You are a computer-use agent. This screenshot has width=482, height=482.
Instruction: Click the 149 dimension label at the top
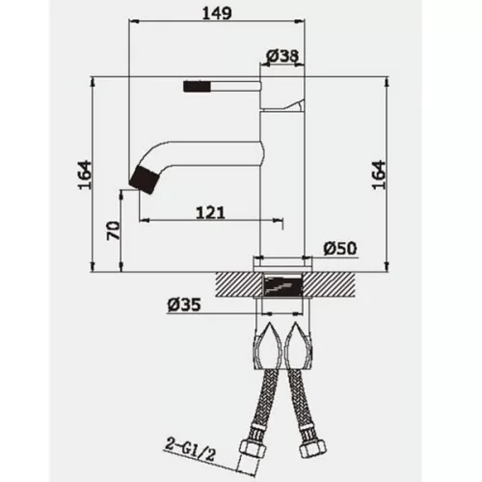coord(217,13)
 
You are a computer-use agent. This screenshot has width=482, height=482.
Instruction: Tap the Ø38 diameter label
coord(282,56)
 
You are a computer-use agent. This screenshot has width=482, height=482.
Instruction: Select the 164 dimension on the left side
coord(85,175)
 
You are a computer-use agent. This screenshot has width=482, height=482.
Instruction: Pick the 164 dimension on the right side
coord(379,175)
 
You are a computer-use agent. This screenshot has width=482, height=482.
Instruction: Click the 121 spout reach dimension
coord(210,213)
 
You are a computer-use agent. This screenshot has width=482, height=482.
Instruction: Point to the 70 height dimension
coord(114,230)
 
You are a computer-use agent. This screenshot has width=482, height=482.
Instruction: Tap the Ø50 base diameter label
coord(340,249)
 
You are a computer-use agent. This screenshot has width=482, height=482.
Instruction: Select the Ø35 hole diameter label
coord(184,305)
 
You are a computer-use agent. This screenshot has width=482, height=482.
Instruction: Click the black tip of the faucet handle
coord(197,87)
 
